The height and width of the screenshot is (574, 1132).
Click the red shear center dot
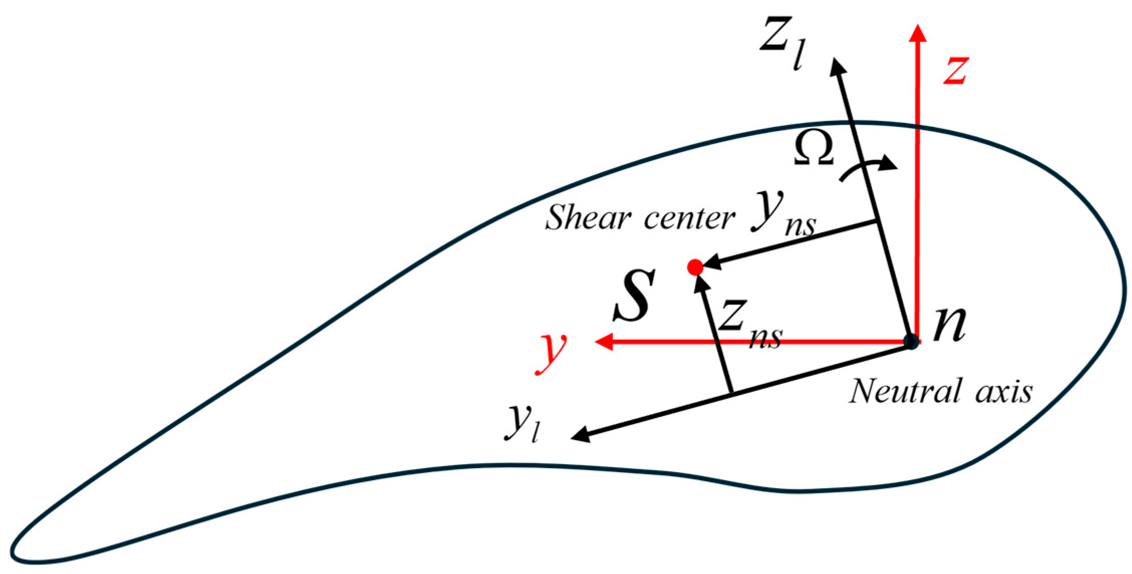695,267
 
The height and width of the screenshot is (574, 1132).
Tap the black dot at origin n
911,341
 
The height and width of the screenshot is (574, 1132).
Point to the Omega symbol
813,149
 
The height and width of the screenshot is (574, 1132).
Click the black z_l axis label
782,43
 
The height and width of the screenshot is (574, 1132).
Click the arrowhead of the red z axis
918,33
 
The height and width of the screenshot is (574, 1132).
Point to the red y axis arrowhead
603,342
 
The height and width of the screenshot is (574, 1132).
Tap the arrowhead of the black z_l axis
837,67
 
